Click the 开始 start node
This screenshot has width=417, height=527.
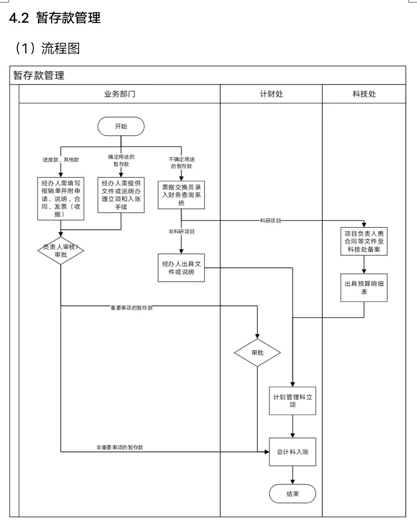(121, 126)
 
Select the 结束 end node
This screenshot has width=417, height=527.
(292, 494)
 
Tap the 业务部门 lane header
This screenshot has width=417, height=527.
(119, 94)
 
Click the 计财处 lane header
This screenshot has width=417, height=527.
(271, 94)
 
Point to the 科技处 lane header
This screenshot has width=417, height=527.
(364, 94)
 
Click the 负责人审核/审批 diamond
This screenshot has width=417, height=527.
(61, 251)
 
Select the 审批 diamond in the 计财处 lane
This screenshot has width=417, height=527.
(257, 353)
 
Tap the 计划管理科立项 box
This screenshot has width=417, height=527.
(292, 401)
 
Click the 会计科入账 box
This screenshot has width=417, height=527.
(292, 452)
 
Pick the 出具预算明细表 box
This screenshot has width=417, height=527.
(364, 288)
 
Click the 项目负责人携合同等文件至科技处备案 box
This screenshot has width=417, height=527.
(364, 241)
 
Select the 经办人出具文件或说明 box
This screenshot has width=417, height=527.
(181, 268)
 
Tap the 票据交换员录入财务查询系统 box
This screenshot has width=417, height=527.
(181, 195)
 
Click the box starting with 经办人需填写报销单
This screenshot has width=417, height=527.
(61, 199)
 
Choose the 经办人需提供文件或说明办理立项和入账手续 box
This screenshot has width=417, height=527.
(121, 195)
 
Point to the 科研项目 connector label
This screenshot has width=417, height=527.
(270, 221)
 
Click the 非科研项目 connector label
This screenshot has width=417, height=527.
(182, 232)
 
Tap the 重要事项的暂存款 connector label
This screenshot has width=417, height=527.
(132, 308)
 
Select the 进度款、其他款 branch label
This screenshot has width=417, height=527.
(61, 160)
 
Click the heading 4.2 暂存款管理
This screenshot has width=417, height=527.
(55, 18)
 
